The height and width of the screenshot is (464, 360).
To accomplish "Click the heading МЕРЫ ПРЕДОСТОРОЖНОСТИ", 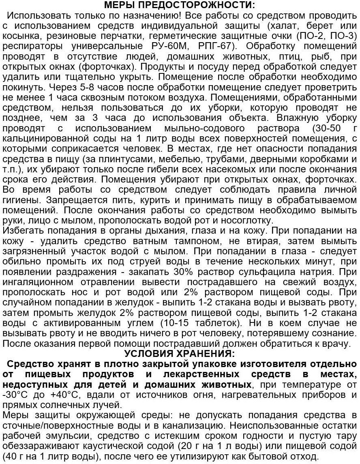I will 180,5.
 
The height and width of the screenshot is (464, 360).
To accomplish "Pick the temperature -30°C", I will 15,394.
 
